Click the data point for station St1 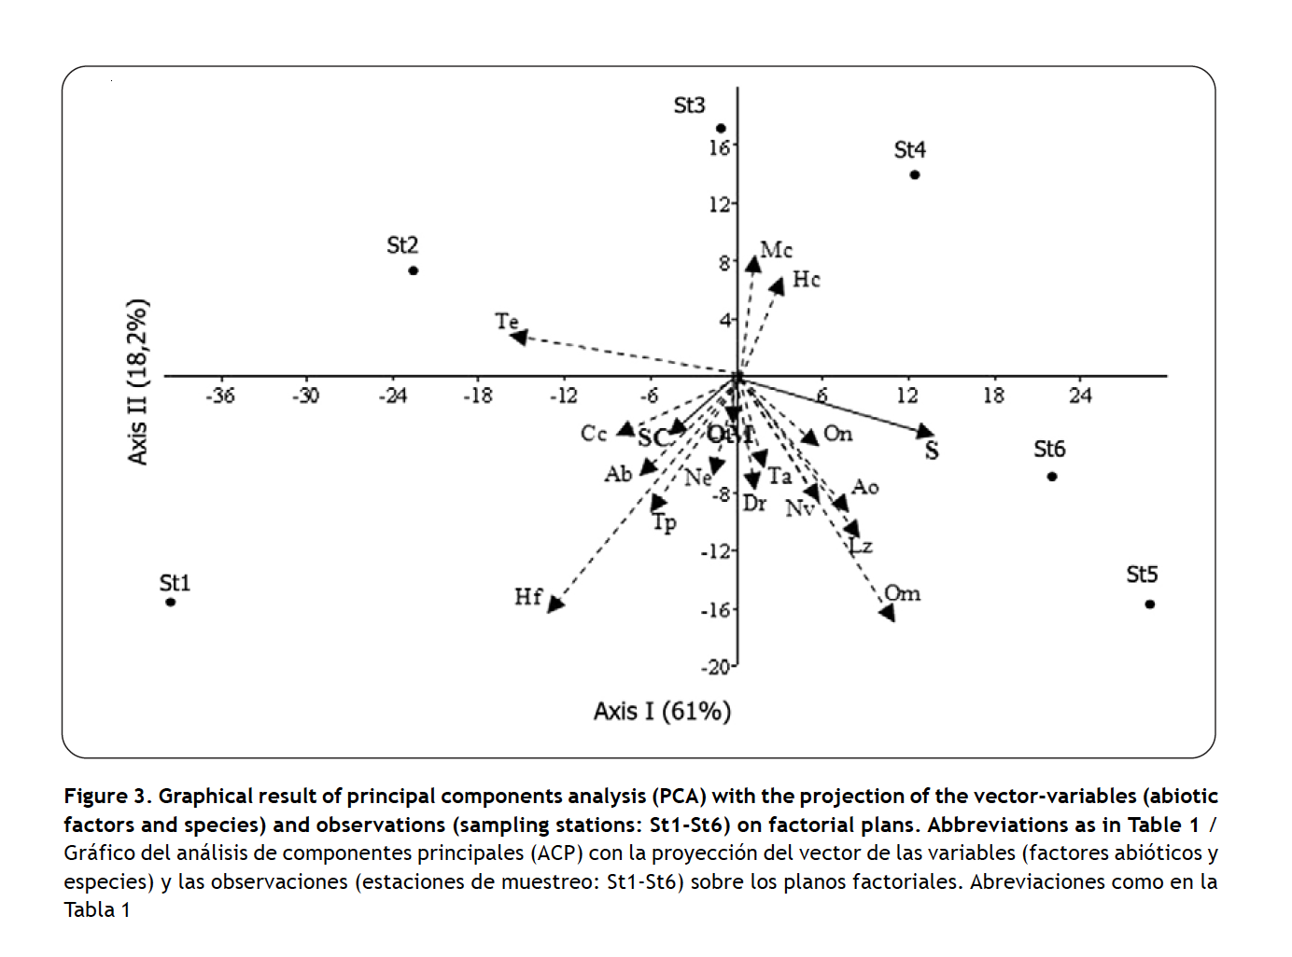[171, 603]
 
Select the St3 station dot [721, 129]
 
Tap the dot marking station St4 [915, 174]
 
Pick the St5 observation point [1150, 604]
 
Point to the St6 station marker [1052, 477]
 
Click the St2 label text [402, 245]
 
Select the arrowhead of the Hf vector [555, 604]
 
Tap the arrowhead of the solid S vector [924, 431]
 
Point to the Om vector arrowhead [888, 613]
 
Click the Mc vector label [776, 250]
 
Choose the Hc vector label [806, 280]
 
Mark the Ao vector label [865, 487]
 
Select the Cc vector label [594, 434]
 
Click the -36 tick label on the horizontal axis [220, 395]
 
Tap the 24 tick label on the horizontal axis [1080, 395]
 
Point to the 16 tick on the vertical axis [719, 147]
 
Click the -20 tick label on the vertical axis [716, 667]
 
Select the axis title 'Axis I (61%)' [662, 712]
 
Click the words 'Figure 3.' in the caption [106, 797]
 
